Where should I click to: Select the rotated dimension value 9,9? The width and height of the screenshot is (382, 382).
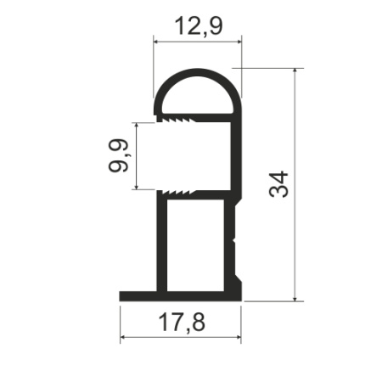pyautogui.click(x=118, y=155)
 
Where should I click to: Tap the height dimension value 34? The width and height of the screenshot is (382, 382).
pyautogui.click(x=278, y=184)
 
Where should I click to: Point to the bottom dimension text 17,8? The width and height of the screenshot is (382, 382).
pyautogui.click(x=180, y=322)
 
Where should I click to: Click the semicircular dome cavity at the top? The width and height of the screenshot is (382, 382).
pyautogui.click(x=198, y=98)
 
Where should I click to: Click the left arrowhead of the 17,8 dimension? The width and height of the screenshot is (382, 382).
pyautogui.click(x=124, y=338)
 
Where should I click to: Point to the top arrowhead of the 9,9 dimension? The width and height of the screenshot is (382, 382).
pyautogui.click(x=137, y=125)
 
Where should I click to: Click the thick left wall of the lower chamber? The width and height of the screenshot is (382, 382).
pyautogui.click(x=160, y=245)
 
